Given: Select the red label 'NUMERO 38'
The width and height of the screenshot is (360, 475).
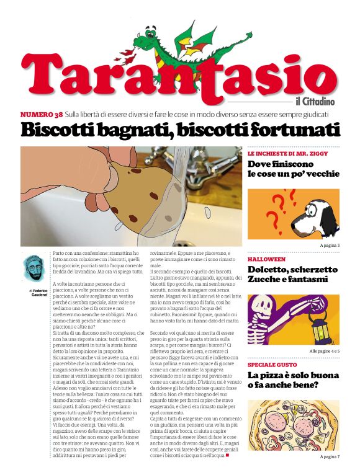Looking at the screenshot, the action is coord(41,115).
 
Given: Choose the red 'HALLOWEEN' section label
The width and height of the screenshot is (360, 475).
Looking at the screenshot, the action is coord(266,259).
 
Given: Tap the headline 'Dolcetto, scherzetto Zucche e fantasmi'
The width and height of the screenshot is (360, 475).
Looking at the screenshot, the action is coord(292,275).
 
